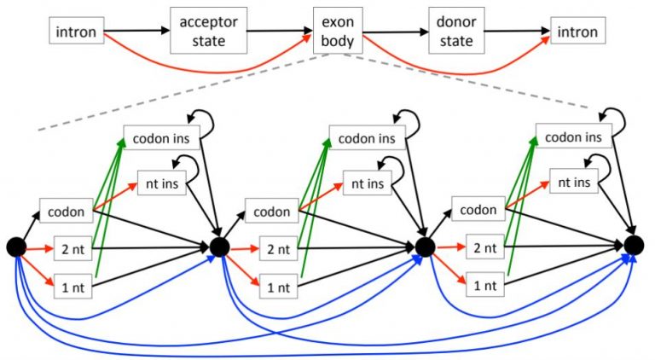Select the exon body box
tap(336, 33)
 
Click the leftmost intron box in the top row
tap(75, 33)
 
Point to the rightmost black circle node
tap(633, 247)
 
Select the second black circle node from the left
tap(218, 247)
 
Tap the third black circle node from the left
tap(425, 247)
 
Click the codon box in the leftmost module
tap(65, 210)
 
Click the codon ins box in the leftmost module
tap(161, 136)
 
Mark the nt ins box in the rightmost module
tap(574, 181)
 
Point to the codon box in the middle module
tap(271, 210)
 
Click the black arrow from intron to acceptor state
tap(137, 32)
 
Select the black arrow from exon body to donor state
tap(395, 32)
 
